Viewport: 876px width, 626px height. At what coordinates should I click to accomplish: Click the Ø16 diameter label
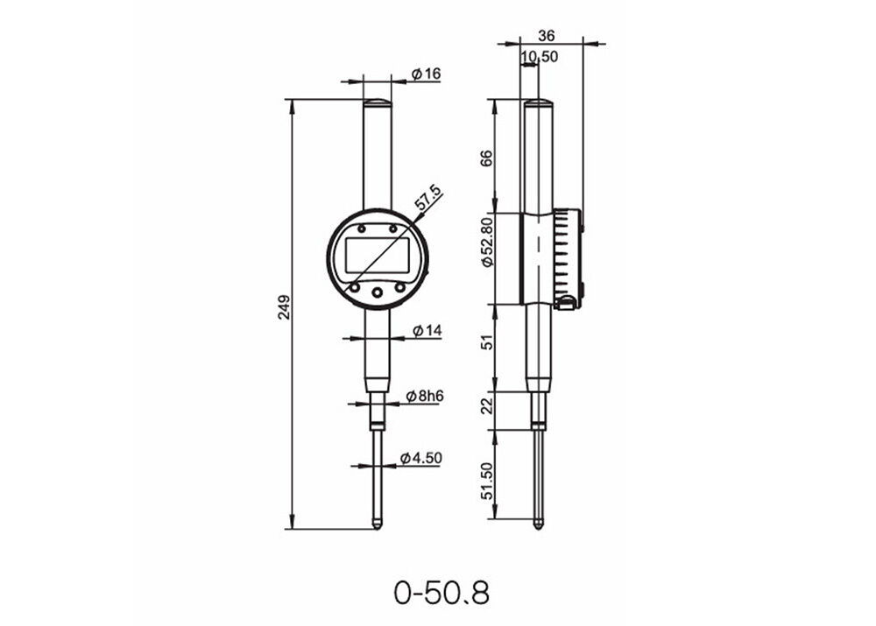click(427, 74)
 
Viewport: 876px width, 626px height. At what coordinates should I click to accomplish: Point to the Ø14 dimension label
click(427, 330)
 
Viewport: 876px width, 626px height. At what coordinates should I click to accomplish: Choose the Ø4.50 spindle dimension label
click(425, 458)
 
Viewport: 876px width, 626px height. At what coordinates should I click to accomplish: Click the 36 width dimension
click(547, 36)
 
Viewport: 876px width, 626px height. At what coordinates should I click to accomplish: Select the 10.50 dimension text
click(540, 58)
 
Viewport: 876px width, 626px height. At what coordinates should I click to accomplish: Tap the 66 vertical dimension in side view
click(488, 158)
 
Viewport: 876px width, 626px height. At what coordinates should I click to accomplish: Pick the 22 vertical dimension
click(488, 404)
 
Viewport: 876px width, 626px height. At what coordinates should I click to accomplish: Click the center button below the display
click(378, 292)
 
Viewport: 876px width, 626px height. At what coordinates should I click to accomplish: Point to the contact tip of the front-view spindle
click(378, 524)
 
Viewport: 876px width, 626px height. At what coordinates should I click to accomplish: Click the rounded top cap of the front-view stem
click(378, 102)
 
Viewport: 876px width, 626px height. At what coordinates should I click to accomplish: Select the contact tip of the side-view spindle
click(538, 524)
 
